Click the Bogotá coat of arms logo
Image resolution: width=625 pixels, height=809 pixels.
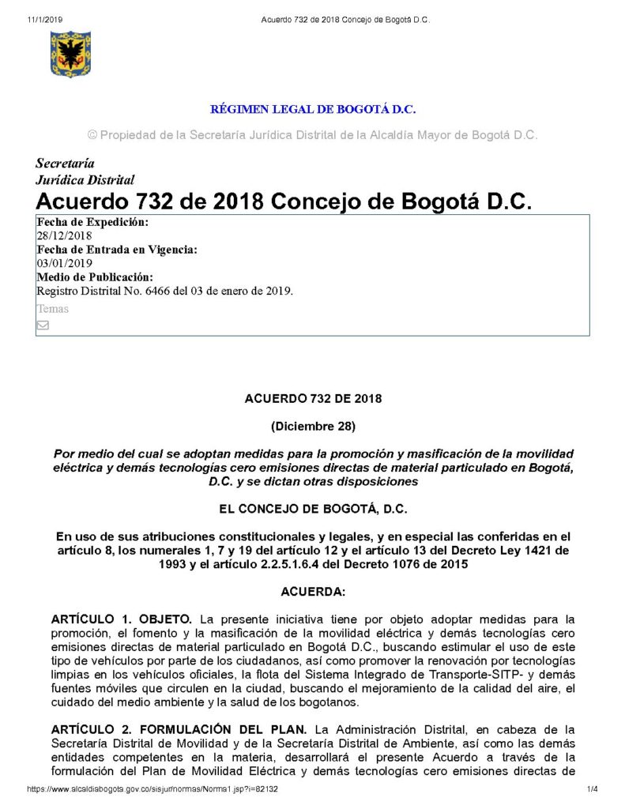[71, 54]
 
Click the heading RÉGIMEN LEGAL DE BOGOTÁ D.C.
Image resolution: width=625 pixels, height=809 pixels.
[312, 109]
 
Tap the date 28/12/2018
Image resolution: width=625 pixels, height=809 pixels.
[64, 235]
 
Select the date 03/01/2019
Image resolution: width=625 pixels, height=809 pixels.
[64, 263]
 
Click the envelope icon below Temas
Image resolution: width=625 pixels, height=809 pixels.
[43, 325]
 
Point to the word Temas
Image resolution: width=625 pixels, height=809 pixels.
[52, 309]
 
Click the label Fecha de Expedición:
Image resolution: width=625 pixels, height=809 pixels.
[92, 222]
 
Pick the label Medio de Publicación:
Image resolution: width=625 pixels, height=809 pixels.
[95, 277]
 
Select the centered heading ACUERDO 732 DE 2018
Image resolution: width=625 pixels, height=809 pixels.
[313, 399]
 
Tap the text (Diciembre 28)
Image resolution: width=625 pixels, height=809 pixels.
[313, 427]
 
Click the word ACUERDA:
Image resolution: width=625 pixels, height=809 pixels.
[313, 591]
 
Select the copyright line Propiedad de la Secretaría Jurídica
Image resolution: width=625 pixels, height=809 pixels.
[312, 135]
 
